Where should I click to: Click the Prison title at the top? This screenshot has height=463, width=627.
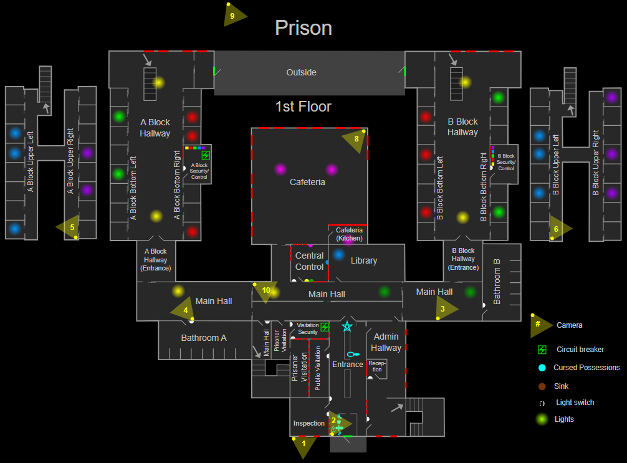pyautogui.click(x=304, y=28)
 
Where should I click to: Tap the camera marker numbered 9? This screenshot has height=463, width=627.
pyautogui.click(x=234, y=16)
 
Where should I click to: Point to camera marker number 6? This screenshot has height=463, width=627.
pyautogui.click(x=558, y=229)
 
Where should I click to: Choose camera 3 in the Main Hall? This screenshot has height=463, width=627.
pyautogui.click(x=444, y=308)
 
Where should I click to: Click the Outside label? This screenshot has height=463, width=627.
pyautogui.click(x=301, y=72)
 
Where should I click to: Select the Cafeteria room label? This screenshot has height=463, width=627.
pyautogui.click(x=307, y=183)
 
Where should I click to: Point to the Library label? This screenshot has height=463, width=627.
pyautogui.click(x=364, y=260)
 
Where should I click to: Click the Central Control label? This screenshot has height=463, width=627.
pyautogui.click(x=310, y=261)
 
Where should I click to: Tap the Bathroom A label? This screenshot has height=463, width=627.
pyautogui.click(x=204, y=338)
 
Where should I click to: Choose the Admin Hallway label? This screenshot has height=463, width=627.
pyautogui.click(x=386, y=342)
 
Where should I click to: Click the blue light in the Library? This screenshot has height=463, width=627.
pyautogui.click(x=339, y=254)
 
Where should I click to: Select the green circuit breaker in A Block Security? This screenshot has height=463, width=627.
pyautogui.click(x=206, y=155)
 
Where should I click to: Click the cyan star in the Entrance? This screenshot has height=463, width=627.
pyautogui.click(x=347, y=326)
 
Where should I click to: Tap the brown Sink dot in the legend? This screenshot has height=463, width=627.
pyautogui.click(x=542, y=386)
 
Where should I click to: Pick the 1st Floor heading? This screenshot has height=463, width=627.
pyautogui.click(x=303, y=107)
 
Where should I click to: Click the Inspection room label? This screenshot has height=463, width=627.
pyautogui.click(x=309, y=423)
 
